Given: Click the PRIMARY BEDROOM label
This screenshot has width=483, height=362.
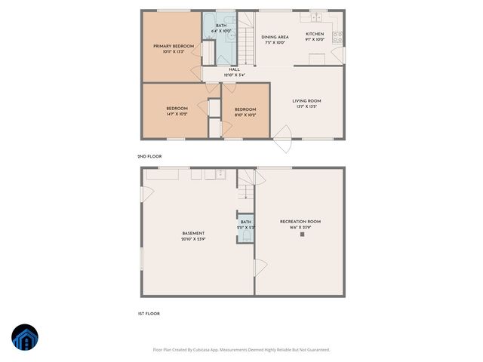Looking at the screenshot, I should pyautogui.click(x=174, y=46).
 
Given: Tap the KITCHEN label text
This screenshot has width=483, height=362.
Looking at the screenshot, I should pyautogui.click(x=315, y=34).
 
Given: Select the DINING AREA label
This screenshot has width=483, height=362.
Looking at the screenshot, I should pyautogui.click(x=275, y=36).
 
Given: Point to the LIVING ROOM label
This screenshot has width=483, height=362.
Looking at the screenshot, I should pyautogui.click(x=307, y=100).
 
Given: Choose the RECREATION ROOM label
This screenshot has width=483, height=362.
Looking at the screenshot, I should pyautogui.click(x=300, y=221).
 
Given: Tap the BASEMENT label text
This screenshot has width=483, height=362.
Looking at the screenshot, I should pyautogui.click(x=193, y=233).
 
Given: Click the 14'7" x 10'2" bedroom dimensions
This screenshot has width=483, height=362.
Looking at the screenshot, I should pyautogui.click(x=177, y=114).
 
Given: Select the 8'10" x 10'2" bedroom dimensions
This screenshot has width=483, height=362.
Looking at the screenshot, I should pyautogui.click(x=245, y=115).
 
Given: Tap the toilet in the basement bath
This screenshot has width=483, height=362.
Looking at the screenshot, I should pyautogui.click(x=246, y=237).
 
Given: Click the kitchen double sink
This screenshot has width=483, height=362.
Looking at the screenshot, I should pyautogui.click(x=315, y=16).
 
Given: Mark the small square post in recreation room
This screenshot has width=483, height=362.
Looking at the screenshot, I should pyautogui.click(x=303, y=234).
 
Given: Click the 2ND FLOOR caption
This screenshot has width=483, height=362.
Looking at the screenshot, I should pyautogui.click(x=149, y=156).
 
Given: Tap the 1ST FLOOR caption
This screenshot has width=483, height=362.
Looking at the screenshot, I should pyautogui.click(x=149, y=313).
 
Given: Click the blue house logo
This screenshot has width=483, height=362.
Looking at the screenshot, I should pyautogui.click(x=24, y=338).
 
